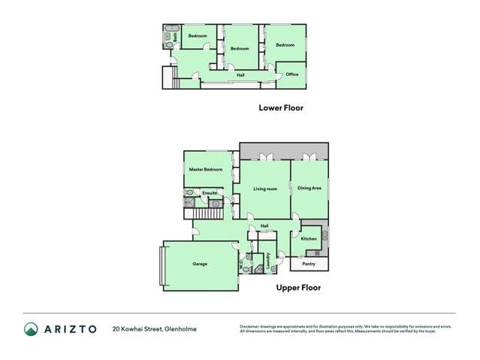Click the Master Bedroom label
click(205, 170)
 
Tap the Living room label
click(265, 188)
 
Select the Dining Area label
click(309, 188)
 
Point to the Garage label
click(200, 264)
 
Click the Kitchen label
click(309, 239)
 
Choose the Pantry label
click(308, 264)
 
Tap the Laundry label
click(267, 260)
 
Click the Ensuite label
click(210, 193)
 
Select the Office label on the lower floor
click(292, 74)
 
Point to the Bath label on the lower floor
click(174, 35)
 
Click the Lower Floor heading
click(280, 107)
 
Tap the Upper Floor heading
click(300, 287)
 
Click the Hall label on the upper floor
click(264, 225)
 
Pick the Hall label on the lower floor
click(240, 74)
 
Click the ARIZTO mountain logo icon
click(31, 329)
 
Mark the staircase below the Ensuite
click(198, 213)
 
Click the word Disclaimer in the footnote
click(250, 325)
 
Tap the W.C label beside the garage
click(241, 265)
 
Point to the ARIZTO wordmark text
click(70, 329)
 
